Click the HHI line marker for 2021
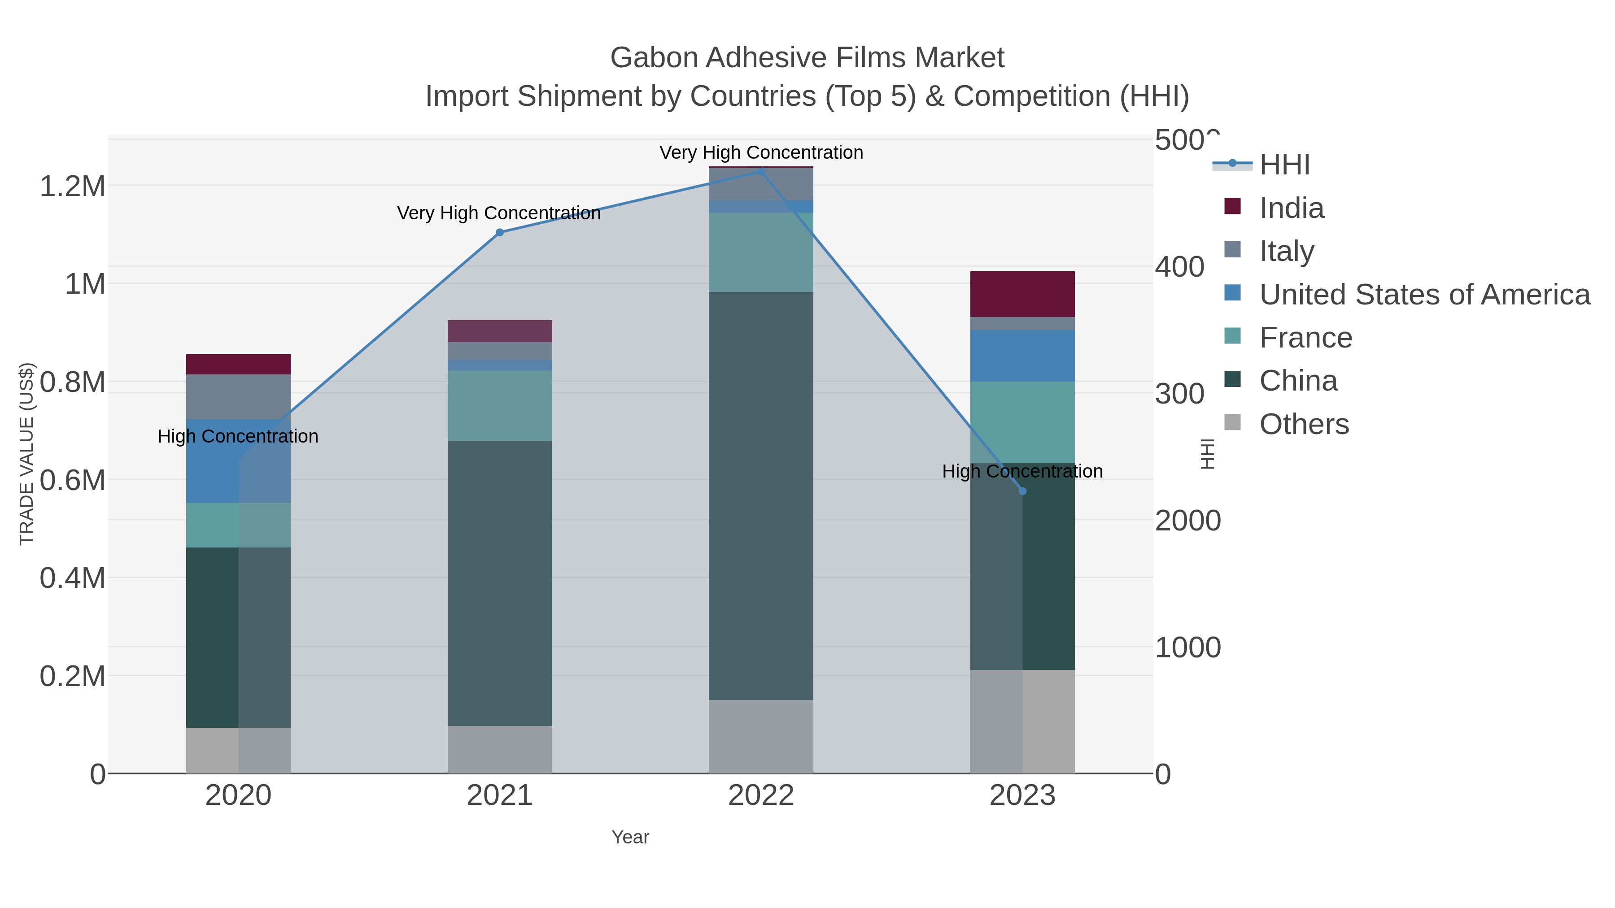(500, 232)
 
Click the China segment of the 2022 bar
(761, 495)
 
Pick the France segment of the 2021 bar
(500, 405)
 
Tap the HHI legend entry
(1284, 165)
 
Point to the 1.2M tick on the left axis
(72, 186)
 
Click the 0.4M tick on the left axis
(72, 578)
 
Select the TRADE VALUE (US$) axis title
(26, 454)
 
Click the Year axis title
(630, 837)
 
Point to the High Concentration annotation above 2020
(238, 436)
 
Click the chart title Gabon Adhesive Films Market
(807, 58)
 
